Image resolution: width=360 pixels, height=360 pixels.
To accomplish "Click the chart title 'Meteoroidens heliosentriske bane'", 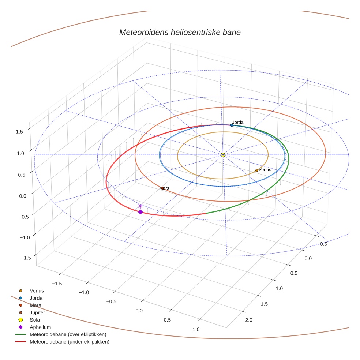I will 180,32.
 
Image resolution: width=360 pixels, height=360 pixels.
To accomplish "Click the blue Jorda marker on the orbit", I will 232,125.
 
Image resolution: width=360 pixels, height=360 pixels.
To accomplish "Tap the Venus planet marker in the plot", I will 256,170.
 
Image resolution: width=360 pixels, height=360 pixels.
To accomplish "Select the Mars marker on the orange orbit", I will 161,188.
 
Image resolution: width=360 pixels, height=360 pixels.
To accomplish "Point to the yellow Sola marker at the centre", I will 223,155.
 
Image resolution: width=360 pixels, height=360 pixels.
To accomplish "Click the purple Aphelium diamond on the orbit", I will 140,212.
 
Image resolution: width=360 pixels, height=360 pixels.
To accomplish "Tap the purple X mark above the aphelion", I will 140,206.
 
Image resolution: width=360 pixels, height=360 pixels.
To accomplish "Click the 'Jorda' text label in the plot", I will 238,122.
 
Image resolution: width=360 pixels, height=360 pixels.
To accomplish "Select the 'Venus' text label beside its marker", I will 265,170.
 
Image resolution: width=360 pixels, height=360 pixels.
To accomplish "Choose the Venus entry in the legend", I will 37,290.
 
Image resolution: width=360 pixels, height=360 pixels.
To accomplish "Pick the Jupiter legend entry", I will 37,312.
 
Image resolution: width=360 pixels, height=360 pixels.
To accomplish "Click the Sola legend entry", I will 35,320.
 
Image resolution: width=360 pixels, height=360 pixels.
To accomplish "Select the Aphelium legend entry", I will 40,327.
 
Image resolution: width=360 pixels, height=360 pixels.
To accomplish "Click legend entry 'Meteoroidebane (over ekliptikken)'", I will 68,334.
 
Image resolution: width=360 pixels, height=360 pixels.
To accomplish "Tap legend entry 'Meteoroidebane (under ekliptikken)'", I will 69,342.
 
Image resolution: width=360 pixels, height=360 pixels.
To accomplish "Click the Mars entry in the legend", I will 35,305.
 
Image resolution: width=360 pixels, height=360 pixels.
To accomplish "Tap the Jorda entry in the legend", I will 36,298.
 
